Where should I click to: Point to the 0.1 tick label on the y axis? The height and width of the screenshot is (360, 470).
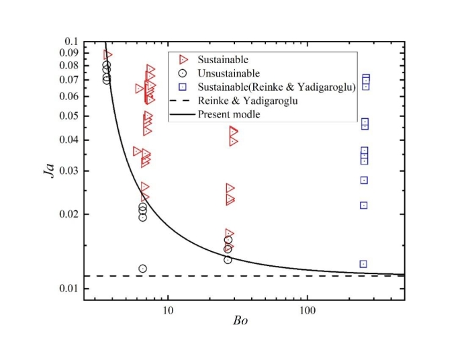71,41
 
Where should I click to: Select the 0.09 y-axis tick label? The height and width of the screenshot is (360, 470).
68,53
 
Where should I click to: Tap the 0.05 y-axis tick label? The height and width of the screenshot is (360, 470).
68,116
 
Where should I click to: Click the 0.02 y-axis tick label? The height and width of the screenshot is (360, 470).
68,214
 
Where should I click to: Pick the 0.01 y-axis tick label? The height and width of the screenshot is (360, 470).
68,289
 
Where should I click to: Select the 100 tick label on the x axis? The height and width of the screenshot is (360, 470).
308,311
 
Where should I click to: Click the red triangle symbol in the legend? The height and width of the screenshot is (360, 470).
184,60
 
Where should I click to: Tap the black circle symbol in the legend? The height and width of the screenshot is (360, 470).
184,73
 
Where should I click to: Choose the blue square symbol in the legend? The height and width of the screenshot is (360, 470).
184,87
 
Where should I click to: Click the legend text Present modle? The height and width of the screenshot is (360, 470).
229,115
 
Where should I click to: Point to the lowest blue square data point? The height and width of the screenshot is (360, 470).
363,264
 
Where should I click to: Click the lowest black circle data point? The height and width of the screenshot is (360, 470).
142,269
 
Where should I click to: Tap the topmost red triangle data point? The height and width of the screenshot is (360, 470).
107,54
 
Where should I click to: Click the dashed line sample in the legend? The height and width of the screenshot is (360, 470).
183,101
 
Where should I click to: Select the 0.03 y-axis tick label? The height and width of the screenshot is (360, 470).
68,171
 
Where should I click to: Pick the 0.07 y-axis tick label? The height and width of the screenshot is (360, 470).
68,80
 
